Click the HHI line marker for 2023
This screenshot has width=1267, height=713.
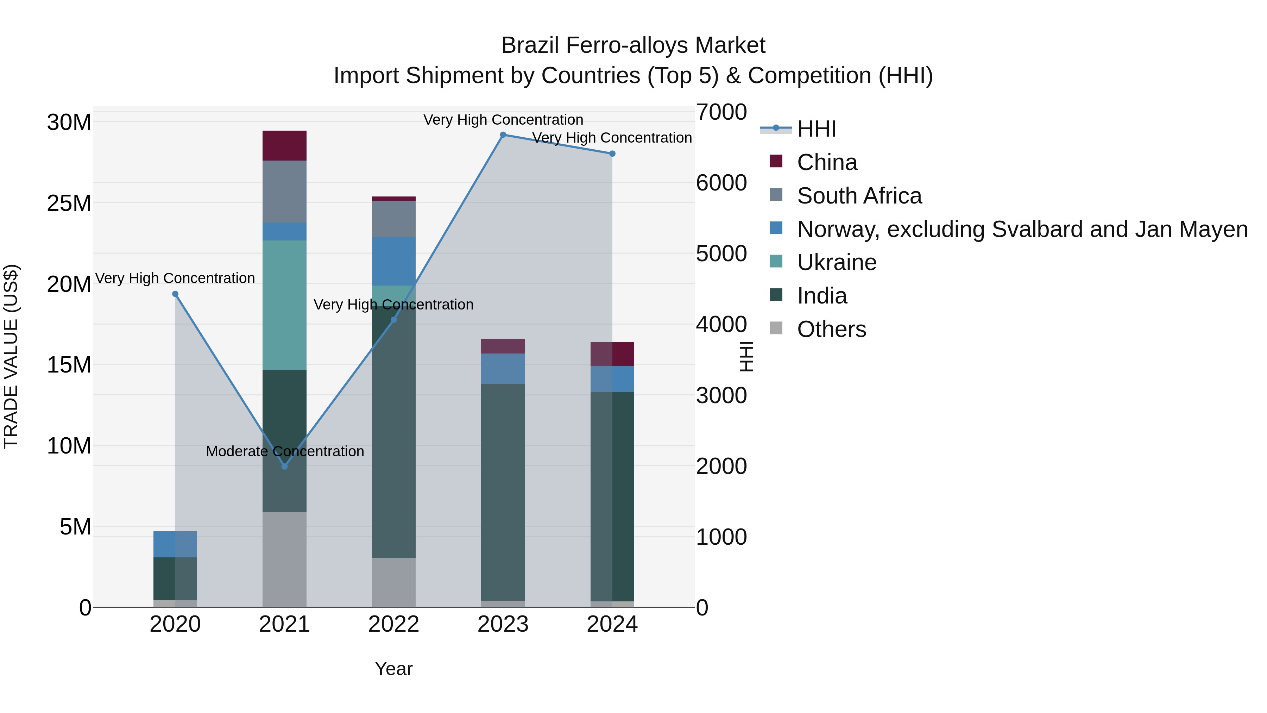tap(503, 135)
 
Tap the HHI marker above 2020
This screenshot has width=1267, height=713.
tap(175, 294)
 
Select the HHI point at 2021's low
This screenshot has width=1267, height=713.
tap(284, 466)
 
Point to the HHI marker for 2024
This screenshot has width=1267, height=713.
tap(612, 154)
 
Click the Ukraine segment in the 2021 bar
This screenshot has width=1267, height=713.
tap(284, 305)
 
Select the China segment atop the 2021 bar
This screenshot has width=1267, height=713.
tap(284, 146)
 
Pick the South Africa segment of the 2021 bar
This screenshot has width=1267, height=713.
tap(284, 192)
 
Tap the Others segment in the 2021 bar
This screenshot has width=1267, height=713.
tap(284, 559)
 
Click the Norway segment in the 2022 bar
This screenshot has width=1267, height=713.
tap(393, 261)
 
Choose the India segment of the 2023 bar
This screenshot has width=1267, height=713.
tap(503, 492)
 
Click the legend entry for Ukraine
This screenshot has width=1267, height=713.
tap(836, 262)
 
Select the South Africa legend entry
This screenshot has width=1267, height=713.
tap(859, 196)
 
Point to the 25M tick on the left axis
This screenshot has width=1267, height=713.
tap(69, 203)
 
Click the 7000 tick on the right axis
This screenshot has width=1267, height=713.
tap(721, 112)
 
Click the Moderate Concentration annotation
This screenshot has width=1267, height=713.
tap(285, 451)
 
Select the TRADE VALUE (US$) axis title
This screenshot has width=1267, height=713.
tap(11, 356)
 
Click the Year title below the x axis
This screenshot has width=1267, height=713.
tap(393, 669)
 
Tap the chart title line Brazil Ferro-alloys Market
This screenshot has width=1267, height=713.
tap(633, 45)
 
